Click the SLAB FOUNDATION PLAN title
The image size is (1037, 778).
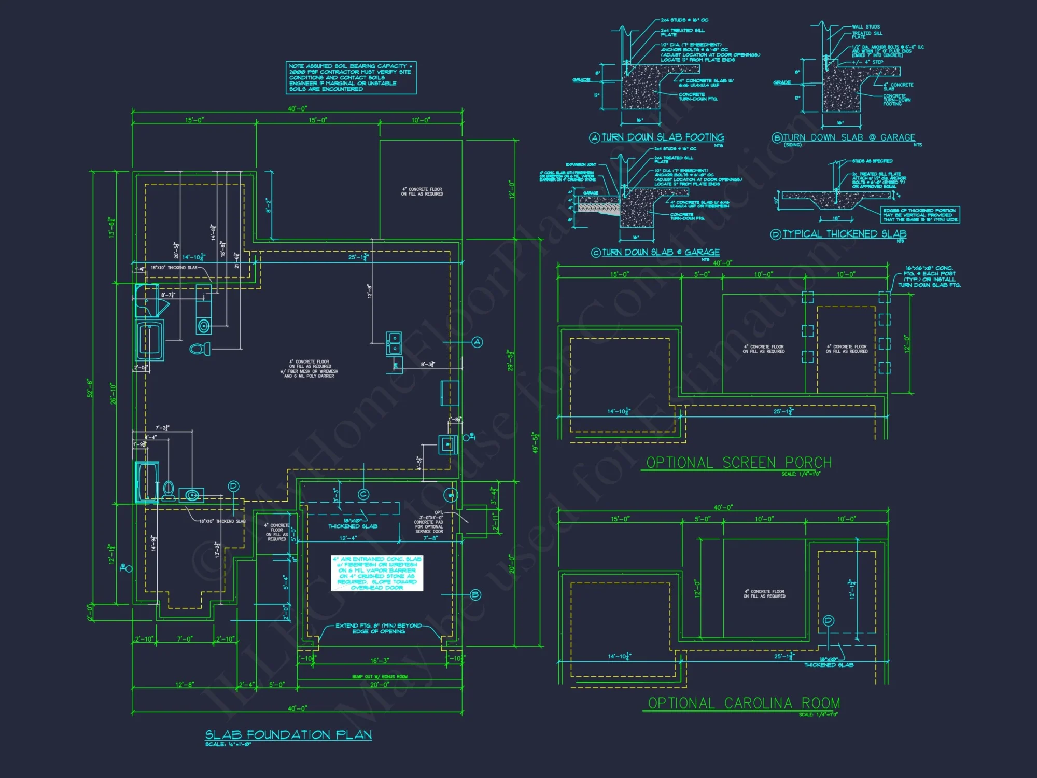coord(288,734)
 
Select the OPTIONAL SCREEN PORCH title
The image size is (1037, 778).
coord(738,463)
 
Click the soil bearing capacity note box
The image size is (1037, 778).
coord(351,78)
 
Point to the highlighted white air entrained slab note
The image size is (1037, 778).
coord(377,573)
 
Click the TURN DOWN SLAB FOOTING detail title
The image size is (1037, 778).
coord(663,137)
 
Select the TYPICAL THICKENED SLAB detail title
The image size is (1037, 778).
coord(844,234)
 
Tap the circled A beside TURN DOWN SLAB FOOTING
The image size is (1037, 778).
coord(595,137)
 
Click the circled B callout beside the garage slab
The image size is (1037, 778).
coord(475,595)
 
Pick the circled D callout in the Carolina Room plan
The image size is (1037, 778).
coord(829,620)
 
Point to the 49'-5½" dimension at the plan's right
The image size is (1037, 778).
coord(536,442)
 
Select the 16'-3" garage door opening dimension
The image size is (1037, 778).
coord(380,661)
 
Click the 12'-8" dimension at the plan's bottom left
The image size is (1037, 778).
coord(185,685)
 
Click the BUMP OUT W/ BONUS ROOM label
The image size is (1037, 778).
coord(380,676)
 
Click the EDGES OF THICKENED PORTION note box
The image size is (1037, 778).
coord(920,215)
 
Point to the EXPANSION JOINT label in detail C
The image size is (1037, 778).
coord(581,164)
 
